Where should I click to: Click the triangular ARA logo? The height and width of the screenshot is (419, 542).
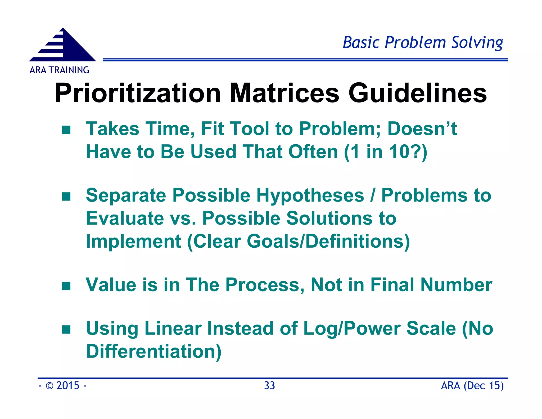62,46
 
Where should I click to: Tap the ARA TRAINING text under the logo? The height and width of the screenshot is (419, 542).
59,70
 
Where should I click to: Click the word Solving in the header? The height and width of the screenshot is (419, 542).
477,42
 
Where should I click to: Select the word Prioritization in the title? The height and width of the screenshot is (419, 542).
138,93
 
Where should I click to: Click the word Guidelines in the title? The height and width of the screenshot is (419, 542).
417,93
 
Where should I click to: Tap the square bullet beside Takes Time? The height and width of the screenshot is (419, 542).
66,130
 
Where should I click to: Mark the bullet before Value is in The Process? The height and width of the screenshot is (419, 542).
66,286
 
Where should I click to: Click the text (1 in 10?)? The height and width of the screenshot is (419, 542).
386,152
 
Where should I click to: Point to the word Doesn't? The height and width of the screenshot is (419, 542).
422,129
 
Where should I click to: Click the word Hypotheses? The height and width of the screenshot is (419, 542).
310,195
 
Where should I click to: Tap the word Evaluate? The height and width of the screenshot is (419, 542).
125,219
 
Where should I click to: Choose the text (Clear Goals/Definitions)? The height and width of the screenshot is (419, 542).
298,242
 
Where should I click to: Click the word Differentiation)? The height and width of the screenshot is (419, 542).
154,351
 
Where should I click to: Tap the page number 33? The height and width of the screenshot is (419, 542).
269,386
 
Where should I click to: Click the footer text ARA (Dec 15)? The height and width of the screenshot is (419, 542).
472,386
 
